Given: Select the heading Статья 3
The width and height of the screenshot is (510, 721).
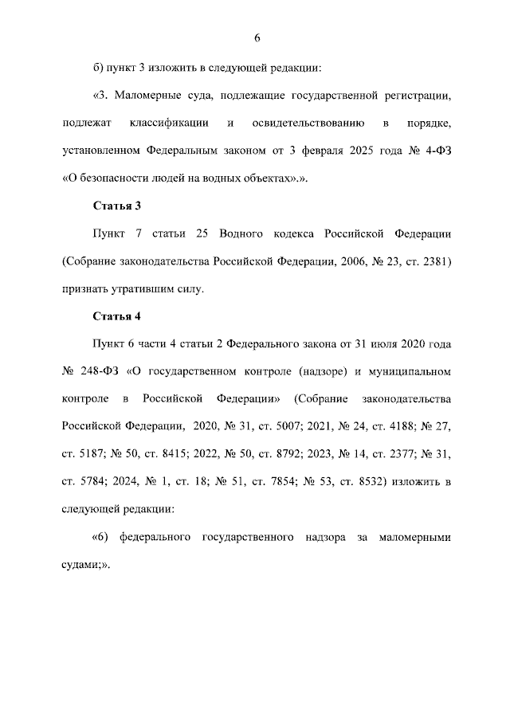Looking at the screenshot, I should point(116,206).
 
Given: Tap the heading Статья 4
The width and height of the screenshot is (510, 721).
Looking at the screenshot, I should point(116,316).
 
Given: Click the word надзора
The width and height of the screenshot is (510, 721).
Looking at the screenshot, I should point(324,537).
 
